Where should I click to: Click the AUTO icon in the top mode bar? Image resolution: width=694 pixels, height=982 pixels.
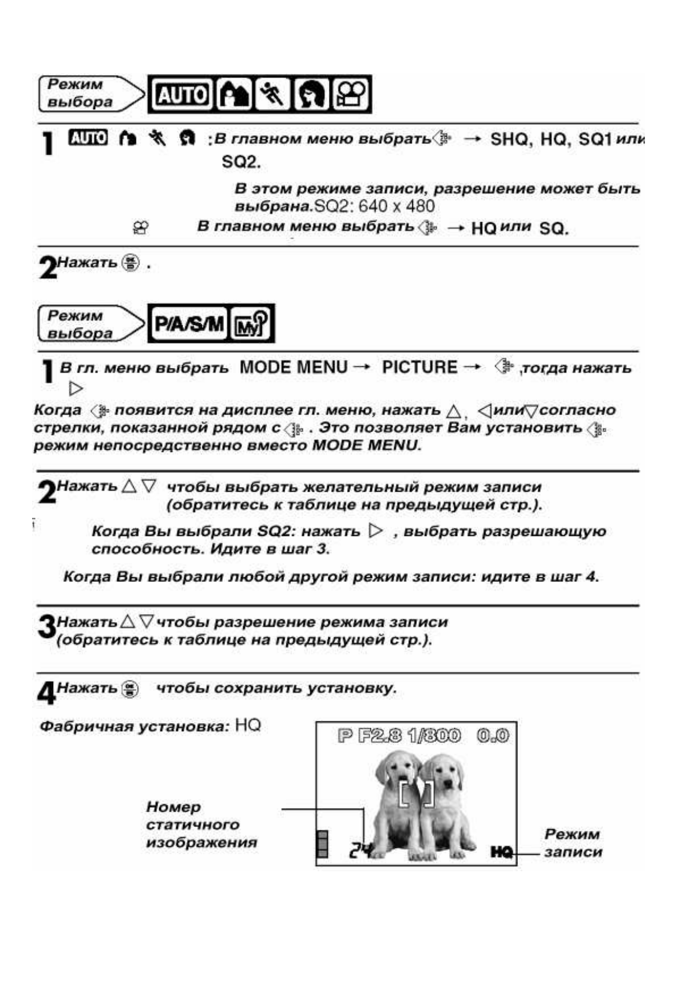pyautogui.click(x=183, y=94)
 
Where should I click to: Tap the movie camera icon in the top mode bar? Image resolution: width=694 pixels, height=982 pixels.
pyautogui.click(x=352, y=94)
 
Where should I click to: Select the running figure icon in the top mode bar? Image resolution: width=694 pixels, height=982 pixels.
pyautogui.click(x=272, y=94)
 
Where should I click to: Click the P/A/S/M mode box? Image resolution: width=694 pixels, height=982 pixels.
pyautogui.click(x=188, y=323)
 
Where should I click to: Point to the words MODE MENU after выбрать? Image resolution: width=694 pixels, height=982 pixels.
pyautogui.click(x=293, y=367)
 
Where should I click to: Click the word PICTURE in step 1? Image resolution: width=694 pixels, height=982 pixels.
pyautogui.click(x=419, y=367)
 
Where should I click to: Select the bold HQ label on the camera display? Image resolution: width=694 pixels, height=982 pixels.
pyautogui.click(x=502, y=853)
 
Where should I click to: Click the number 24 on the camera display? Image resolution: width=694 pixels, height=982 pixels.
pyautogui.click(x=360, y=851)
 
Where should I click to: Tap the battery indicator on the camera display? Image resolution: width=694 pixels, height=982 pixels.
pyautogui.click(x=321, y=844)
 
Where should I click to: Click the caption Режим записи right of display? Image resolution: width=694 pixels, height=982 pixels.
pyautogui.click(x=572, y=843)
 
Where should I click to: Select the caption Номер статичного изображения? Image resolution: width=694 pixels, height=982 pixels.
pyautogui.click(x=201, y=825)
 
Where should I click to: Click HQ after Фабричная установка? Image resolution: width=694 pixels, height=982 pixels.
pyautogui.click(x=248, y=725)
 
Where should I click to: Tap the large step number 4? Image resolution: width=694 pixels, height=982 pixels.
pyautogui.click(x=46, y=693)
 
